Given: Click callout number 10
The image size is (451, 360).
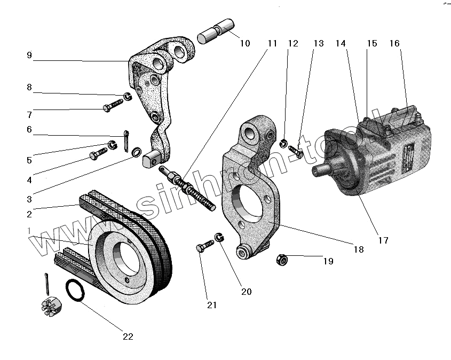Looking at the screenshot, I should [244, 43].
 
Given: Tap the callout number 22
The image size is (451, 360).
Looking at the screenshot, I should [128, 336].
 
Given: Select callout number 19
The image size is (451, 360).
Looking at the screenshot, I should [328, 261].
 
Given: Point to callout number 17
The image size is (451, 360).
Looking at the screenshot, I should [383, 240].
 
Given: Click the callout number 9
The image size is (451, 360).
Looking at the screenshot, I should [29, 55].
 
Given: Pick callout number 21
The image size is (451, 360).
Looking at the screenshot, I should [212, 305].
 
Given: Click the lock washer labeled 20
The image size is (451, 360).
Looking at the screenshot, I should [218, 236].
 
